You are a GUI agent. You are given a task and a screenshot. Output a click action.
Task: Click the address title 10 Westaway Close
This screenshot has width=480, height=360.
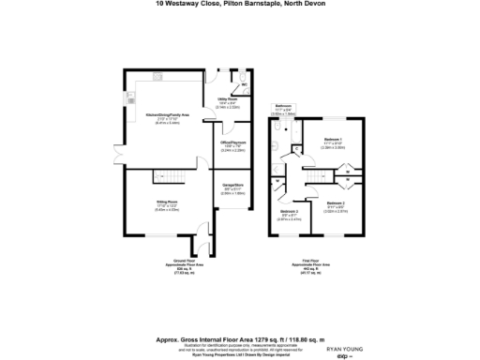click(x=239, y=4)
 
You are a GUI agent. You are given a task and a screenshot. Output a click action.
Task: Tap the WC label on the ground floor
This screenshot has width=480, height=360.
click(x=244, y=85)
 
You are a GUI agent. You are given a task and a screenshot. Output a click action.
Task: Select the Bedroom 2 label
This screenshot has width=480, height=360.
click(x=335, y=203)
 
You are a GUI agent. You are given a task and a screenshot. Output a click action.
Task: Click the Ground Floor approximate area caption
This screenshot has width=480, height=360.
click(x=184, y=266)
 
